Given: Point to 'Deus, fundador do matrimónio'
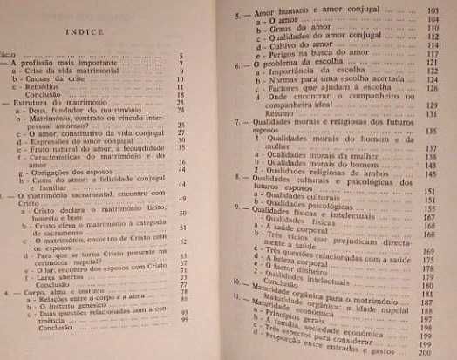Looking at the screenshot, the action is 78,111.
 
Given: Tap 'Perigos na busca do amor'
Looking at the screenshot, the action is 297,53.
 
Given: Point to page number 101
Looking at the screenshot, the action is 429,9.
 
